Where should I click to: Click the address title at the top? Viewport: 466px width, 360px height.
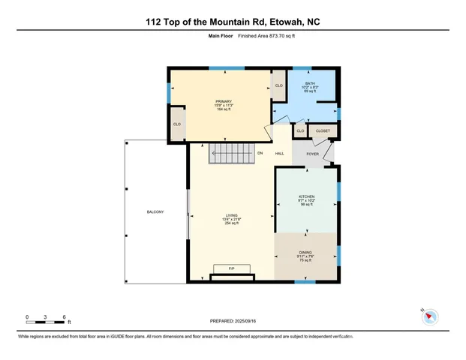point(233,23)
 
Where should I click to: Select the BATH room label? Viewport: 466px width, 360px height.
point(310,84)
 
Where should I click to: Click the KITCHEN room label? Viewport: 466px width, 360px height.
point(306,196)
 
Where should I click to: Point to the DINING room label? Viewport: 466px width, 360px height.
point(306,253)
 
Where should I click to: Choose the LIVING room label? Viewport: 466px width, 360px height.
point(230,214)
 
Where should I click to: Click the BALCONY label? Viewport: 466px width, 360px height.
point(155,213)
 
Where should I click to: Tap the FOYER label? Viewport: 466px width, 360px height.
point(313,154)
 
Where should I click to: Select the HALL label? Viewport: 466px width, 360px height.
point(279,154)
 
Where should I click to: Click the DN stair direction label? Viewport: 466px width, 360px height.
point(260,154)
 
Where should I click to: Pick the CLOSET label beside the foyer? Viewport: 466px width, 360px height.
point(323,131)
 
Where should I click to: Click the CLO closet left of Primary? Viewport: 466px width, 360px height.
point(177,124)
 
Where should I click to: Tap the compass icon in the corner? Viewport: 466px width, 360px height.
point(429,317)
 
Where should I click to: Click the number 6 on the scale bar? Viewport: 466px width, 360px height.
point(65,317)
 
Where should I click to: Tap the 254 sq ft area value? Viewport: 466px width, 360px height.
point(230,223)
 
